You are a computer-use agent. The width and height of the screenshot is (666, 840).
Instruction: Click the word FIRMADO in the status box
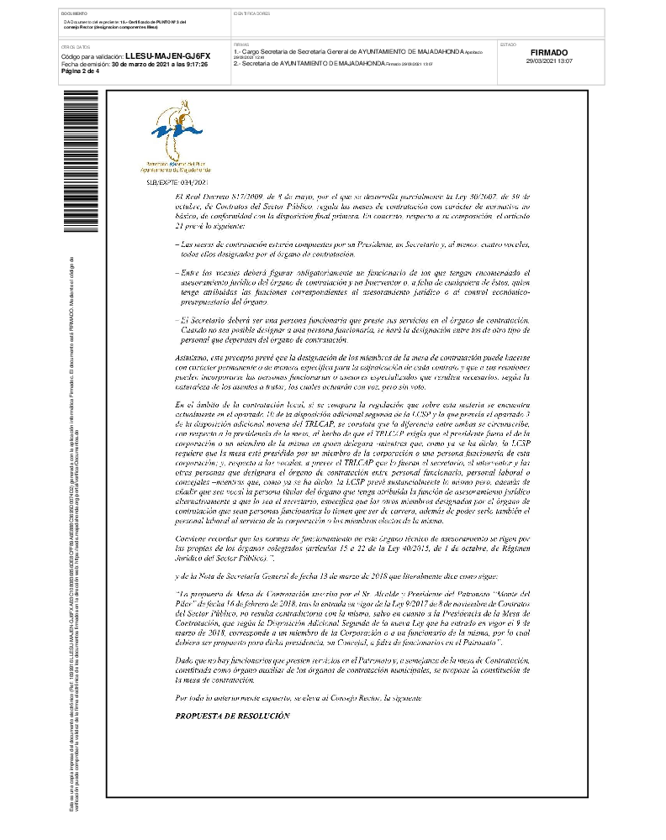tap(550, 52)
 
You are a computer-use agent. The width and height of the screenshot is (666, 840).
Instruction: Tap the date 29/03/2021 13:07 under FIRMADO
tap(550, 61)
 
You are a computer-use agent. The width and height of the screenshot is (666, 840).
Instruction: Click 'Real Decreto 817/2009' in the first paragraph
tap(218, 195)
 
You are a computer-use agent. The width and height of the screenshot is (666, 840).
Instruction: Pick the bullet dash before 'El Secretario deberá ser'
tap(177, 321)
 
